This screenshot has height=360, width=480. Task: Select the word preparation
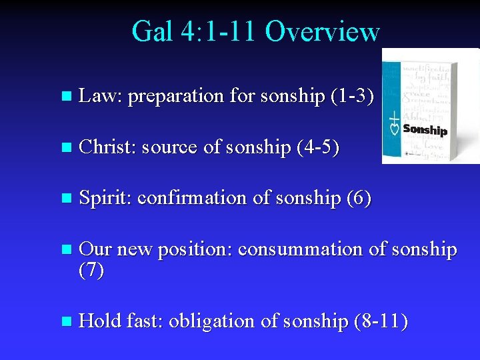pyautogui.click(x=175, y=97)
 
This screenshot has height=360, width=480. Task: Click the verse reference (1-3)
pyautogui.click(x=351, y=96)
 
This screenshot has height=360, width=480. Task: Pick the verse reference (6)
pyautogui.click(x=358, y=198)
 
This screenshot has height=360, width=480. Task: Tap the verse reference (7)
pyautogui.click(x=91, y=271)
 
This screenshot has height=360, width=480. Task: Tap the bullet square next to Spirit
pyautogui.click(x=65, y=199)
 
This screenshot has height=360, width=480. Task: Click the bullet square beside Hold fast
pyautogui.click(x=65, y=322)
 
